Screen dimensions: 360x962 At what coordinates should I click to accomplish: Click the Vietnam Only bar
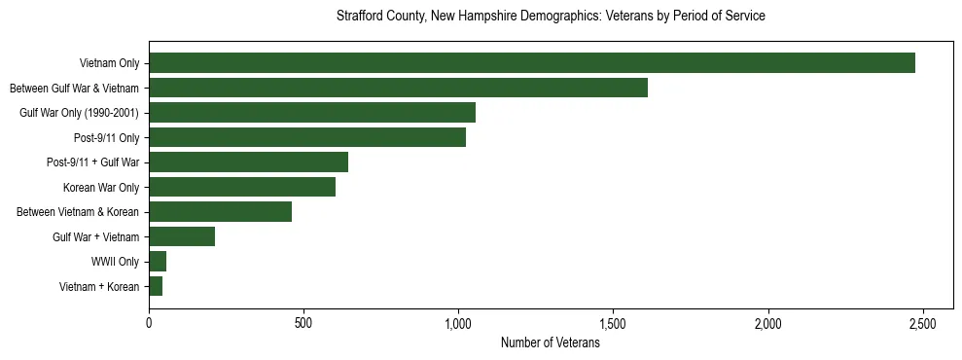click(532, 63)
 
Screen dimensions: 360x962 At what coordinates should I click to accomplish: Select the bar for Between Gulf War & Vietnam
click(398, 88)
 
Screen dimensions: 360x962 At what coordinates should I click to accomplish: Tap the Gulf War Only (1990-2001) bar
click(312, 113)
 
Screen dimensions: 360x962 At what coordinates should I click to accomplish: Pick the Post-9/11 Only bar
click(307, 137)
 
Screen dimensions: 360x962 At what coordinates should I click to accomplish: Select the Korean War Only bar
click(242, 187)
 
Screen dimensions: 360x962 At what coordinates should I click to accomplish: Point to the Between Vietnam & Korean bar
click(220, 212)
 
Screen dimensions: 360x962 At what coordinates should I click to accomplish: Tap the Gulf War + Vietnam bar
click(182, 236)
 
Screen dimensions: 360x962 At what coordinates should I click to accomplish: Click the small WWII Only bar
click(158, 262)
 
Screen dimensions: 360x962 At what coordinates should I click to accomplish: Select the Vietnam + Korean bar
click(156, 286)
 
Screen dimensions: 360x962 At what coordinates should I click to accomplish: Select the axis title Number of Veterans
click(550, 343)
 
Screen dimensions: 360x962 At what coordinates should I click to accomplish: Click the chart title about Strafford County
click(551, 17)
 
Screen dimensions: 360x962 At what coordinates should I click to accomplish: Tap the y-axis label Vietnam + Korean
click(99, 286)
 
